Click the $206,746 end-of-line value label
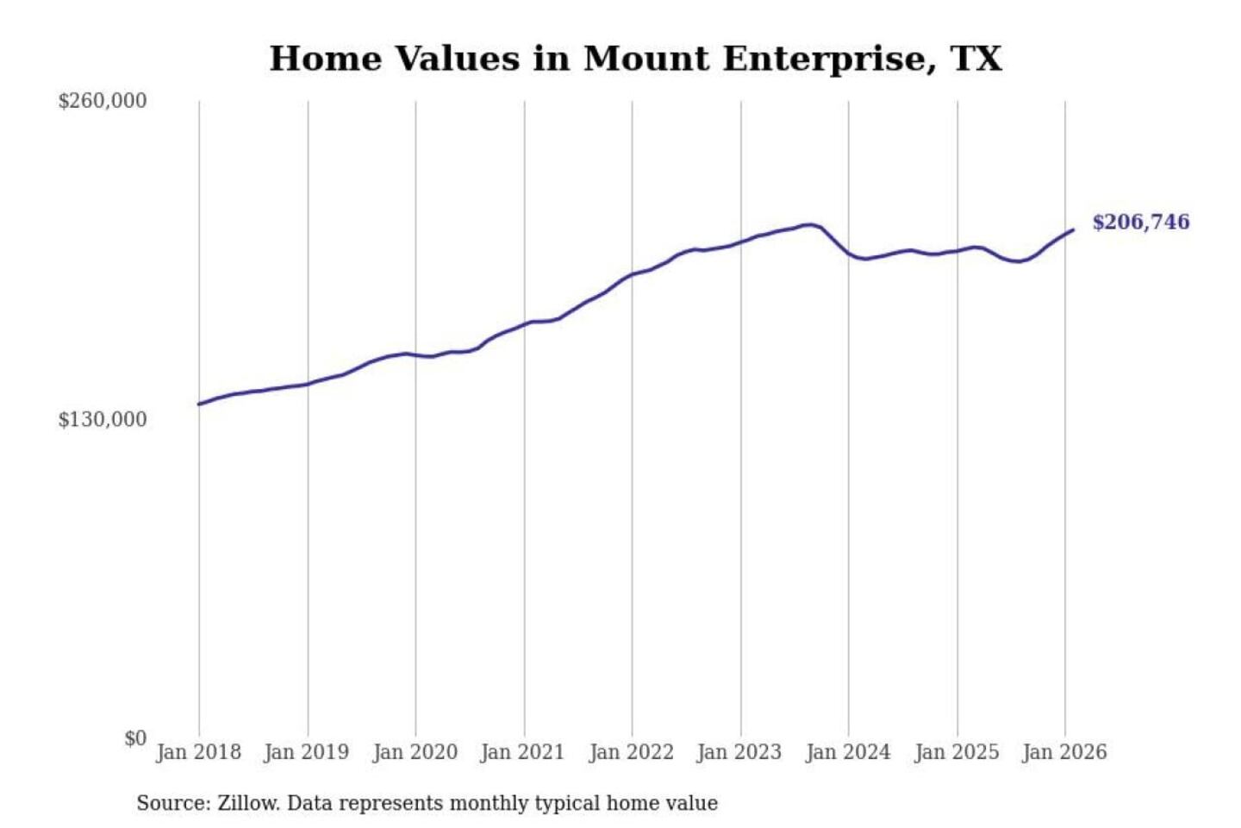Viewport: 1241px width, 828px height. (x=1140, y=223)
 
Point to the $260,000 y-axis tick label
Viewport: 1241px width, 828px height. (x=103, y=101)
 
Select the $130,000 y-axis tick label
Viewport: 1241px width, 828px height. (x=103, y=419)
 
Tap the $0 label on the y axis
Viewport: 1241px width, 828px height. (x=135, y=738)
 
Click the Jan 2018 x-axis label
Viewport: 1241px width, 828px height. (x=198, y=752)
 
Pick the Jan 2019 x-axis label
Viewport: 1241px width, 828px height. (x=307, y=752)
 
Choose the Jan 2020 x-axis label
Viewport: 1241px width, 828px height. (x=415, y=752)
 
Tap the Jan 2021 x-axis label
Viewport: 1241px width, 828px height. (x=522, y=752)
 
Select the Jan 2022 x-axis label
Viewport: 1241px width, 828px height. (x=631, y=752)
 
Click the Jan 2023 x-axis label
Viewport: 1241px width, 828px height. (x=739, y=752)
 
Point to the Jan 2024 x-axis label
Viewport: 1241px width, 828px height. (x=848, y=752)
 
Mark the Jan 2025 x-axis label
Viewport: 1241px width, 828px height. (x=957, y=752)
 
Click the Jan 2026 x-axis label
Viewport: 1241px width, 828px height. (x=1064, y=752)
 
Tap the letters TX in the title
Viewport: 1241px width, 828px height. (x=976, y=60)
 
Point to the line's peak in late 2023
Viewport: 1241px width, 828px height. (x=810, y=224)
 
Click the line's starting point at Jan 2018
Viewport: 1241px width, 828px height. (x=199, y=404)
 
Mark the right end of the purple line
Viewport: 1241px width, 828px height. (x=1073, y=229)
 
